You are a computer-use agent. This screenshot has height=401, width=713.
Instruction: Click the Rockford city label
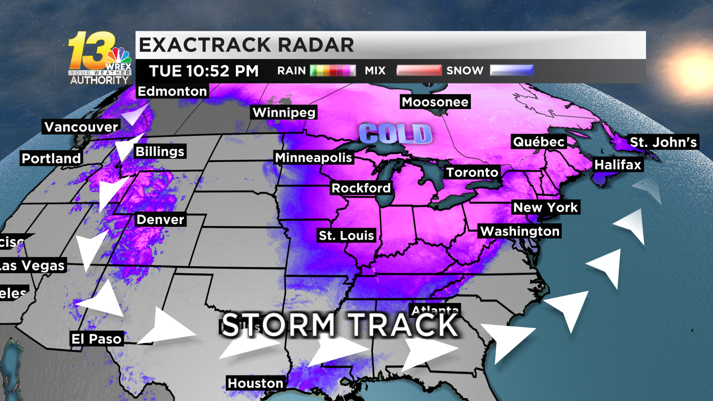pos(361,188)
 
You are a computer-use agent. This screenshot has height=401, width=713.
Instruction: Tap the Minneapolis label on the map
pos(314,158)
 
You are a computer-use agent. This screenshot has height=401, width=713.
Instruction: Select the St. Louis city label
pos(346,236)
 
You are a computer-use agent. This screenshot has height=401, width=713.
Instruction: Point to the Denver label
pos(160,220)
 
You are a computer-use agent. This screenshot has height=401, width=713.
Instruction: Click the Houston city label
pos(255,384)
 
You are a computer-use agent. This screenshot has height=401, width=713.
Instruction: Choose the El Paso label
pos(96,339)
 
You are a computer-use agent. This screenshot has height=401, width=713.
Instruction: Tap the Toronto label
pos(472,172)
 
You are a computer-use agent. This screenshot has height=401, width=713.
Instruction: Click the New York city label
pos(545,208)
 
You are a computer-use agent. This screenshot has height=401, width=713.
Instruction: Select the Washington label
pos(520,231)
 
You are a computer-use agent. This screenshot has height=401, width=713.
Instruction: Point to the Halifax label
pos(617,165)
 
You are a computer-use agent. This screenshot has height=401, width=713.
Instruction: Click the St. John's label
pos(663,142)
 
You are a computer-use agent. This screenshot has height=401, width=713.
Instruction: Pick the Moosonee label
pos(435,102)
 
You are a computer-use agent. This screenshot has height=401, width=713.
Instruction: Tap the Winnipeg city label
pos(284,113)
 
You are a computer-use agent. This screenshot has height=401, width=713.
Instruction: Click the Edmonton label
pos(172,91)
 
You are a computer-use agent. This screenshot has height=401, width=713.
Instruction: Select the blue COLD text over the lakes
pos(395,134)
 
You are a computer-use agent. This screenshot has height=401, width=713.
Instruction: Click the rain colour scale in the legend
pos(332,71)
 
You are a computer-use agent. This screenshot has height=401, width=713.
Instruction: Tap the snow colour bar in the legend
pos(512,71)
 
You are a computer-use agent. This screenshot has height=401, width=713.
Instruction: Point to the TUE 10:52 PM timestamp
pos(204,71)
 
